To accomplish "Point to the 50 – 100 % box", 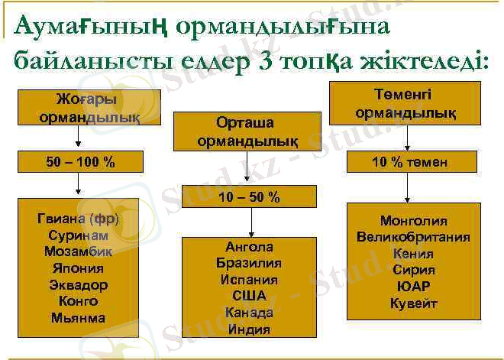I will click(x=79, y=162).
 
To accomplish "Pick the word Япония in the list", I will click(x=79, y=268).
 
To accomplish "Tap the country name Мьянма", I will click(x=79, y=318).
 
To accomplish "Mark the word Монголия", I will click(x=413, y=221).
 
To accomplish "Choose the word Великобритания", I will click(x=413, y=237).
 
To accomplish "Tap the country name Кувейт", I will click(x=413, y=303).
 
